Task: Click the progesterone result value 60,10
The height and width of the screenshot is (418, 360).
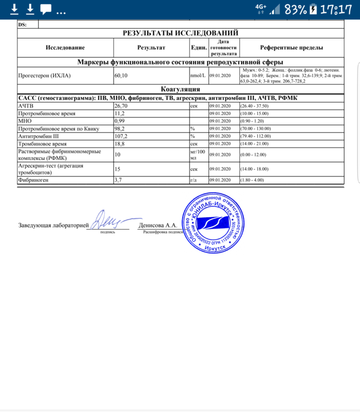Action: [x=121, y=76]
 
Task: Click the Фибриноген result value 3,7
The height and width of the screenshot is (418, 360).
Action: [x=117, y=180]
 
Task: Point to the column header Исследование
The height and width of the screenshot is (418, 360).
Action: [x=65, y=48]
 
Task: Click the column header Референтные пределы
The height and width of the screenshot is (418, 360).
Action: [x=292, y=48]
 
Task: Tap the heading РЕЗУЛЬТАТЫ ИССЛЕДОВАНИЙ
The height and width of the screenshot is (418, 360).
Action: [x=180, y=33]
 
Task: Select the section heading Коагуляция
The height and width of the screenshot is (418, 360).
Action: [x=181, y=89]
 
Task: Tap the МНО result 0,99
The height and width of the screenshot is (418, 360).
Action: [x=119, y=121]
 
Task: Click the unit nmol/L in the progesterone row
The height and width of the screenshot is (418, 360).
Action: [x=198, y=76]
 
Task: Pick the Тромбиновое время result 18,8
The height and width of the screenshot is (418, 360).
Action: [x=119, y=144]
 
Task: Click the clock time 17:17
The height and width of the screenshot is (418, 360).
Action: [x=336, y=9]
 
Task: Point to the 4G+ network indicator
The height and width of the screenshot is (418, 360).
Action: [x=261, y=7]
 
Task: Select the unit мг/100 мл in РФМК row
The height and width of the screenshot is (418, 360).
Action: [x=197, y=155]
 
